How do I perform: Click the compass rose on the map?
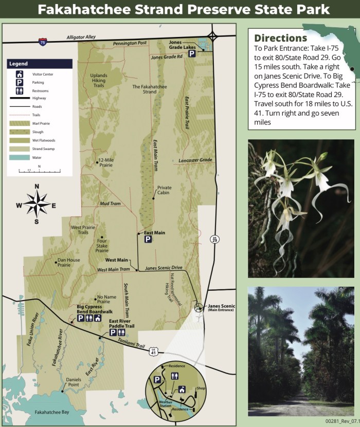coord(37,203)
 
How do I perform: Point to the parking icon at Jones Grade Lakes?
coord(192,53)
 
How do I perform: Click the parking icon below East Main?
coord(148,239)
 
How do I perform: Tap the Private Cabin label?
coord(164,190)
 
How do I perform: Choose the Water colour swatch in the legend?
coord(20,158)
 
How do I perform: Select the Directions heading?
coord(280,38)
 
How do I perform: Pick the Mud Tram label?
coord(110,203)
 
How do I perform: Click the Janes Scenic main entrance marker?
coord(199,307)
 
